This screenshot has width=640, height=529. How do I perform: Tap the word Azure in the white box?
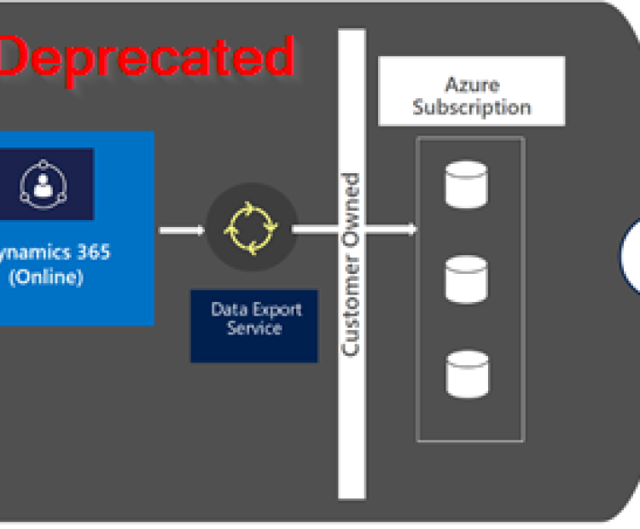(472, 84)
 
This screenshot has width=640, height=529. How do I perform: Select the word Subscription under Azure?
(472, 108)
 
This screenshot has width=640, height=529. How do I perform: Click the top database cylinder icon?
(467, 185)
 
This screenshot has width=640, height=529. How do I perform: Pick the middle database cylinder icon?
(467, 277)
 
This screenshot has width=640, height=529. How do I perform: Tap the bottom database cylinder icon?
(467, 373)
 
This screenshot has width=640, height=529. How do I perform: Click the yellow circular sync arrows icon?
(252, 229)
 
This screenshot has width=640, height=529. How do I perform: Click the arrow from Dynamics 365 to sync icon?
(182, 230)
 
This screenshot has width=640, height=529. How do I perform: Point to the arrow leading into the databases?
(354, 229)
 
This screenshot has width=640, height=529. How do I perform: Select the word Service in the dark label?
(253, 328)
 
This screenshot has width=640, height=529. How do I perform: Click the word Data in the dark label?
(229, 310)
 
